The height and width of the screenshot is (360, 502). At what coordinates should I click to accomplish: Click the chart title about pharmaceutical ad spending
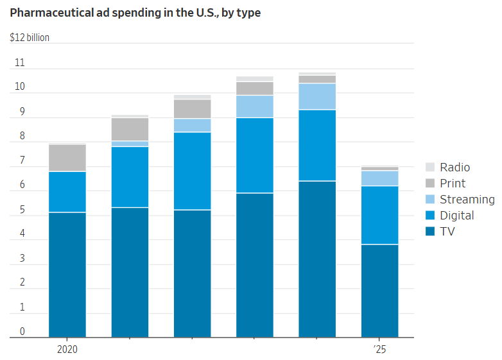(x=135, y=13)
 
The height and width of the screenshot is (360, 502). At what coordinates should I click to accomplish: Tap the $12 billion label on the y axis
(x=30, y=37)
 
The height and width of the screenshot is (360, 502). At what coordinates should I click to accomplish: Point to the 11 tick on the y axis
(x=19, y=63)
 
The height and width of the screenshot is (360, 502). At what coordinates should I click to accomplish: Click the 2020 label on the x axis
(x=67, y=350)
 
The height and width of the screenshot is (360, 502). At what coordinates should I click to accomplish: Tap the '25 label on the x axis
(x=379, y=350)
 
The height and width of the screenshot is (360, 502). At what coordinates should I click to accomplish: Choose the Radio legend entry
(x=454, y=167)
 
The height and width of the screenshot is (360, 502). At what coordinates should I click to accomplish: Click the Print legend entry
(x=452, y=184)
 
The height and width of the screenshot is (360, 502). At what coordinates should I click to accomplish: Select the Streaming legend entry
(x=467, y=200)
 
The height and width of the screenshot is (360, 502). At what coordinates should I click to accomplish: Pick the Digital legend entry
(x=456, y=216)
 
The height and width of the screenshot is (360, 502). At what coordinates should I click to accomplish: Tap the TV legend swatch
(x=429, y=232)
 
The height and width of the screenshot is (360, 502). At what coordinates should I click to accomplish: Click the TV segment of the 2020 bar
(x=67, y=275)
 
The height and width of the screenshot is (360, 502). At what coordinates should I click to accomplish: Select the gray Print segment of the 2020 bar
(x=67, y=158)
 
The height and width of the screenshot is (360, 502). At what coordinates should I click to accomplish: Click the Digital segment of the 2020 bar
(x=67, y=192)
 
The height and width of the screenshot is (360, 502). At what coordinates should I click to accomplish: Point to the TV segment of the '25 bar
(x=379, y=291)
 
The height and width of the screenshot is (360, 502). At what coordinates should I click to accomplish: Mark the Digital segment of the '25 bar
(x=379, y=215)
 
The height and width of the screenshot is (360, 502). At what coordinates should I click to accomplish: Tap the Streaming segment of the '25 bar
(x=379, y=178)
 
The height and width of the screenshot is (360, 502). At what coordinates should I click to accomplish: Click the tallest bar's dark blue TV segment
(x=317, y=259)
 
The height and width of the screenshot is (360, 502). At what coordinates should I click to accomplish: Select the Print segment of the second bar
(x=130, y=129)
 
